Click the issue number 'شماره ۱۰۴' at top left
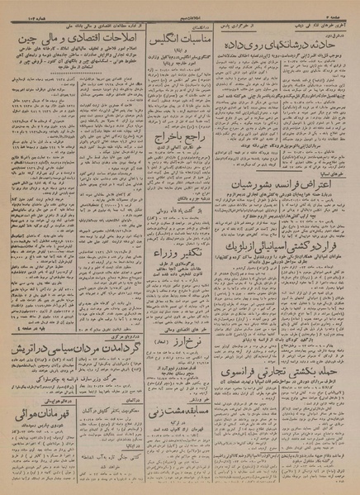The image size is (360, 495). (20, 7)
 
